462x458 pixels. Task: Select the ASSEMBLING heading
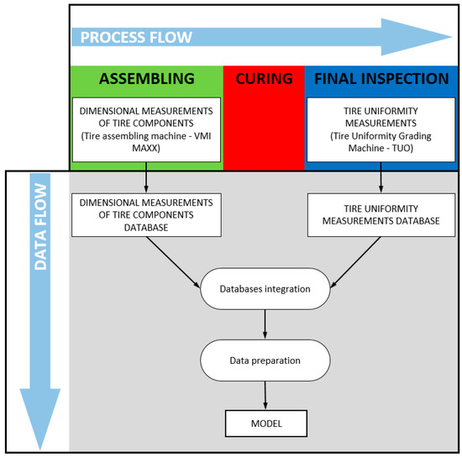147,79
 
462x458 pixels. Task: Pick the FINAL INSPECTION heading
381,79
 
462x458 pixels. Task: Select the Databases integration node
265,289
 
